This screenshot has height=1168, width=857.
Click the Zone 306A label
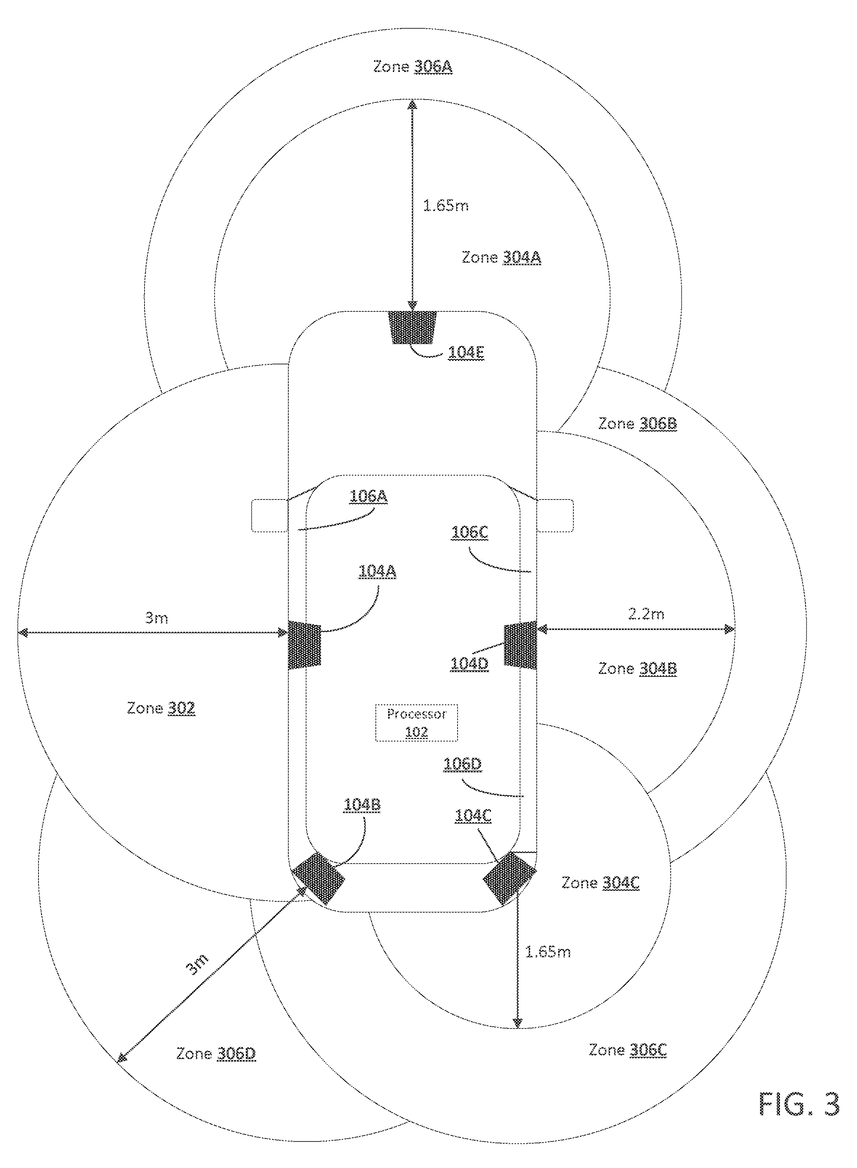[x=413, y=67]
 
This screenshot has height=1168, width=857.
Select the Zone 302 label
[x=161, y=708]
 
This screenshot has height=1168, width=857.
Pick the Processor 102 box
[x=417, y=723]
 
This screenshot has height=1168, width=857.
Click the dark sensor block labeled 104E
[x=413, y=327]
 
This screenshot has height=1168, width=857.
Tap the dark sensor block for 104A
[x=305, y=644]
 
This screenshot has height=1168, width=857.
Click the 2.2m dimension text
[x=646, y=614]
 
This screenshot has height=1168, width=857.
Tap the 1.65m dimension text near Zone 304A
[x=446, y=206]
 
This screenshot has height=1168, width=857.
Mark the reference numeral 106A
[x=368, y=496]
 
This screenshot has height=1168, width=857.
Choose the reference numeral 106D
[x=463, y=764]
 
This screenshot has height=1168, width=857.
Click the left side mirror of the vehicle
[x=270, y=515]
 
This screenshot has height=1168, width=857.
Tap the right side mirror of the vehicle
[x=556, y=515]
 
